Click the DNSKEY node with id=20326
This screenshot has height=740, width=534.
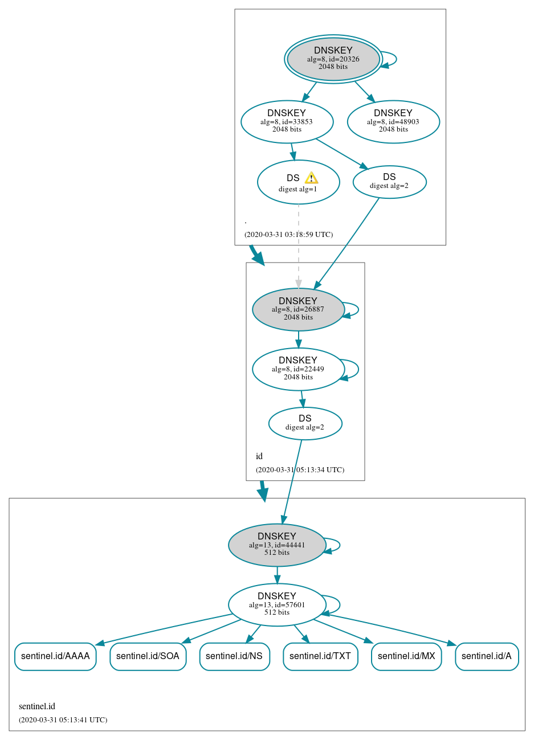pos(333,59)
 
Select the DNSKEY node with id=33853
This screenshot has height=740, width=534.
pos(287,121)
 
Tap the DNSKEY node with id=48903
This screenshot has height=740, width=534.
pos(393,121)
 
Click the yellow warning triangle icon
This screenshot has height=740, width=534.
pos(311,178)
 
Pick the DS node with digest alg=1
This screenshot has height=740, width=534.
pos(298,182)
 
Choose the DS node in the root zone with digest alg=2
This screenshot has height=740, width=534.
pos(389,182)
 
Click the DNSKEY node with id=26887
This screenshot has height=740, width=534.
pos(298,309)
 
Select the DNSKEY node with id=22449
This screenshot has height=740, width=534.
pos(298,369)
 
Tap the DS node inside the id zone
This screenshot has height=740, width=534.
pos(305,423)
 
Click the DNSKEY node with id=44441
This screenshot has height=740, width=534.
pos(277,545)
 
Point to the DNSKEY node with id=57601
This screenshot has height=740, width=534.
pos(277,605)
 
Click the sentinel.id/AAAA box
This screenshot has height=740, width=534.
pos(55,656)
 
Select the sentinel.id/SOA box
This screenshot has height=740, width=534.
pos(148,656)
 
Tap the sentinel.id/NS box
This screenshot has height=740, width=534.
pos(234,656)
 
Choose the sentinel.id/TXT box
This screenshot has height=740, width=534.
pos(320,656)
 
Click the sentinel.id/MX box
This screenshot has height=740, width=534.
pos(406,656)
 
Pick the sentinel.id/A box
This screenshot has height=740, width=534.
pos(487,656)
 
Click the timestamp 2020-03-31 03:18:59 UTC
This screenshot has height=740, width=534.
pos(288,235)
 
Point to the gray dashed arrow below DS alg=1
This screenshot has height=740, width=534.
pos(298,245)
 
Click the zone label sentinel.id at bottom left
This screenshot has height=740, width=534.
pos(37,706)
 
